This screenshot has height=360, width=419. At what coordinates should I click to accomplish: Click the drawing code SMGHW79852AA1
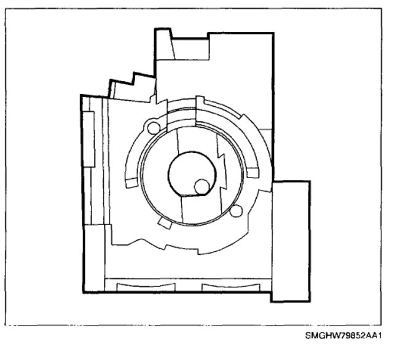coord(343,335)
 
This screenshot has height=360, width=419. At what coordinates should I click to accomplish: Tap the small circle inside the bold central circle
coord(202,187)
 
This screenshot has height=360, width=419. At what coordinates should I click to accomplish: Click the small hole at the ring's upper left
coord(154,128)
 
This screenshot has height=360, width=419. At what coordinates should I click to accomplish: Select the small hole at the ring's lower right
coord(236,211)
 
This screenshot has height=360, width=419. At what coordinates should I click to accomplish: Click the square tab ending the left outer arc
coord(131,183)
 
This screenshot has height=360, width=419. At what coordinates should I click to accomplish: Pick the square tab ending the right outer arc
coord(253,173)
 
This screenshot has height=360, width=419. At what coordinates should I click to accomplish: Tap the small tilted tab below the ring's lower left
coord(165,223)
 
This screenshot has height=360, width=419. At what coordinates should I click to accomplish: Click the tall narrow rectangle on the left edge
coord(88,139)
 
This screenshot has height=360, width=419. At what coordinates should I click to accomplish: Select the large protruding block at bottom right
coord(291,241)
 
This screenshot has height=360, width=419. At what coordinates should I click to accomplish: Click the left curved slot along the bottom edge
coord(146,288)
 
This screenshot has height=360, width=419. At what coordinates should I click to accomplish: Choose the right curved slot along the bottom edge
coord(231,288)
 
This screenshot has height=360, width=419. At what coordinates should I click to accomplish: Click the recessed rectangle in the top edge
coord(190,49)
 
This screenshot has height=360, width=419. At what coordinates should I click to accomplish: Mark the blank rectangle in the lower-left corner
coord(94,258)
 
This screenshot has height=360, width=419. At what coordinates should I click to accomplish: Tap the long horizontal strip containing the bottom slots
coord(188,285)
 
